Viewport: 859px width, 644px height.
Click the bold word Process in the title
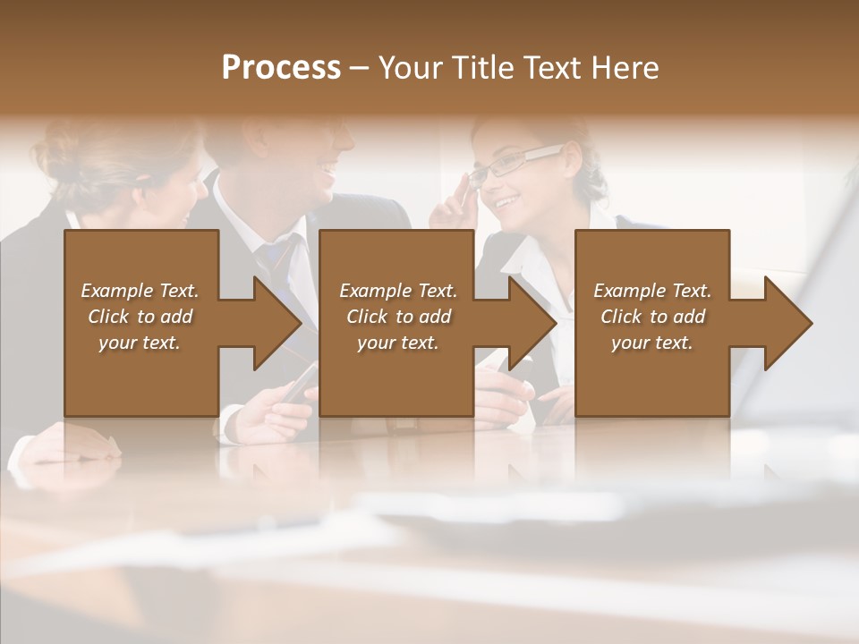coord(281,68)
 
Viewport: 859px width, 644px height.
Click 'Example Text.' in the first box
coord(140,291)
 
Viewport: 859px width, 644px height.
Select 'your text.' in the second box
coord(398,343)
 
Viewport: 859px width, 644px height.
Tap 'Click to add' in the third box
coord(652,317)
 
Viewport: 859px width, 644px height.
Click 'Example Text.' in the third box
coord(652,291)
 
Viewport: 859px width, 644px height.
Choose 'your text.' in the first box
coord(140,343)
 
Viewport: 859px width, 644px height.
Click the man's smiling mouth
coord(328,167)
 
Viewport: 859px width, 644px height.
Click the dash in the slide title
coord(360,68)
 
